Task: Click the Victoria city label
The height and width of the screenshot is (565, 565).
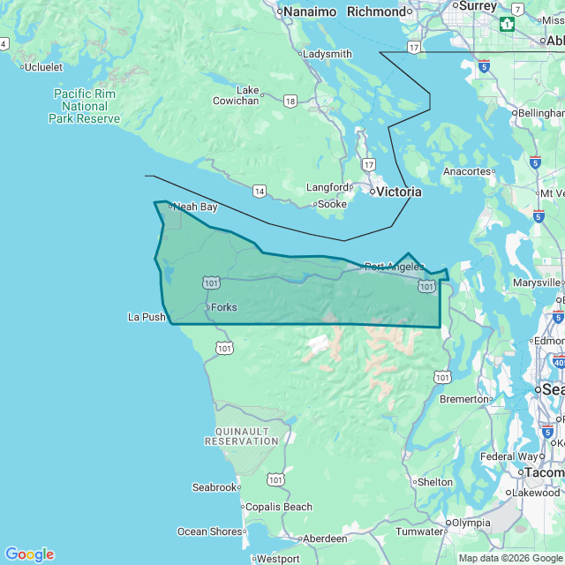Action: pyautogui.click(x=398, y=192)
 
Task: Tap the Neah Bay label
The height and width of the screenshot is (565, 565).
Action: pyautogui.click(x=195, y=207)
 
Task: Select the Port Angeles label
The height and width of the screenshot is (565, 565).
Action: pyautogui.click(x=394, y=267)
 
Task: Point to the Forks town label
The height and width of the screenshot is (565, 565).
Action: pyautogui.click(x=224, y=307)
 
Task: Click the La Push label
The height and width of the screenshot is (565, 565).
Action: pyautogui.click(x=147, y=317)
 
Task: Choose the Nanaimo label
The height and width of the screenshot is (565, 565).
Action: pyautogui.click(x=308, y=11)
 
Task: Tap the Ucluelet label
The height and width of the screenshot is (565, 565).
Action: pyautogui.click(x=43, y=66)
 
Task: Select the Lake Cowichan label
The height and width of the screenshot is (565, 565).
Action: pyautogui.click(x=236, y=95)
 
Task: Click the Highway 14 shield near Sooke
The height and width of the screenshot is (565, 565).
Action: pyautogui.click(x=259, y=191)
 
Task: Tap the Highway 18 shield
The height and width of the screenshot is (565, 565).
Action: pyautogui.click(x=290, y=102)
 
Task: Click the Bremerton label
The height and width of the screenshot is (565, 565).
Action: pyautogui.click(x=463, y=399)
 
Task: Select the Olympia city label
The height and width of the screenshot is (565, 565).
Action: pyautogui.click(x=471, y=523)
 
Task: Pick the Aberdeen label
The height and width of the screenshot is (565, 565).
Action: pyautogui.click(x=324, y=539)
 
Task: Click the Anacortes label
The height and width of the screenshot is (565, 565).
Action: pyautogui.click(x=466, y=171)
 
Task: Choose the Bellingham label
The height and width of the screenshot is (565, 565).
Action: pyautogui.click(x=539, y=114)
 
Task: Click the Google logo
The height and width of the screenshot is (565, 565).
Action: pyautogui.click(x=28, y=554)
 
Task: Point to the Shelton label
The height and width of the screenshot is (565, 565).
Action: pyautogui.click(x=434, y=482)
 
